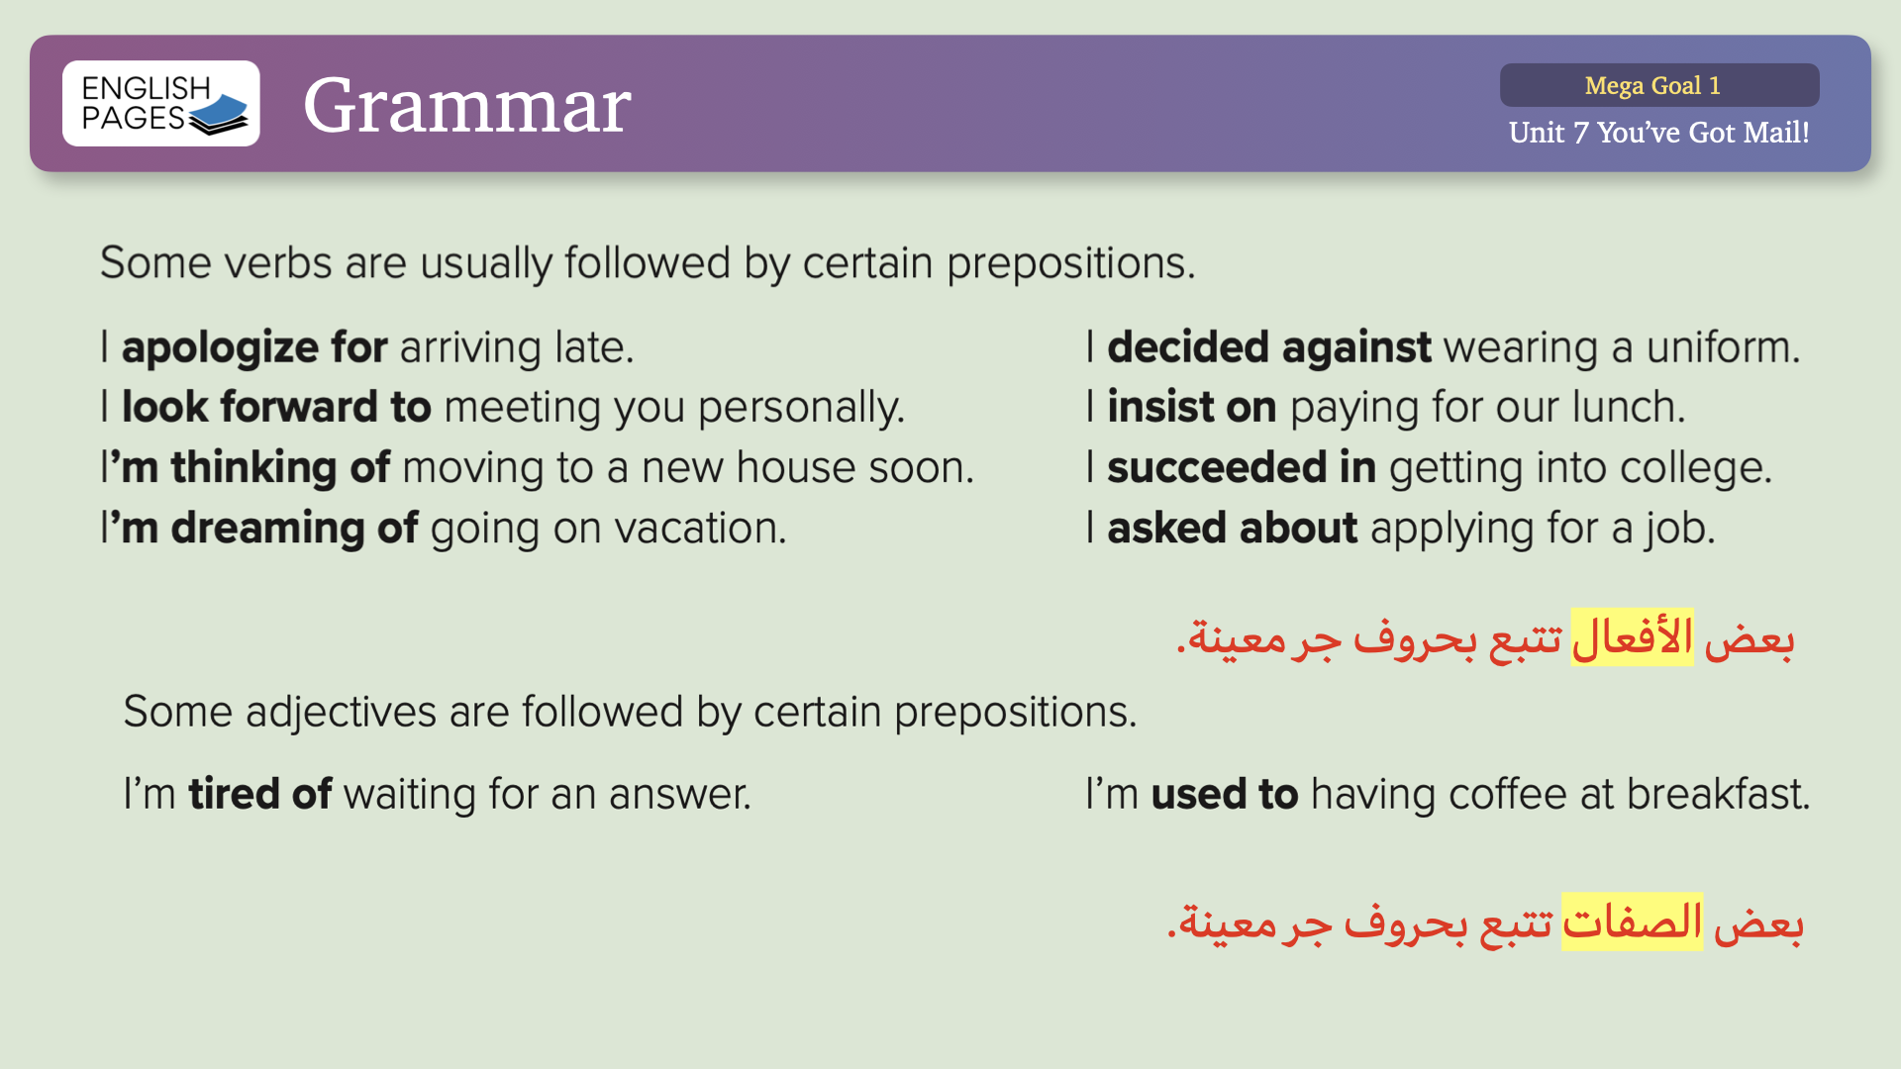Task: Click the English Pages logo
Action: tap(161, 104)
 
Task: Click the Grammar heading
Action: tap(466, 105)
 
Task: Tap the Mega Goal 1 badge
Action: tap(1659, 85)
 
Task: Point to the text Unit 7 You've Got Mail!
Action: tap(1659, 133)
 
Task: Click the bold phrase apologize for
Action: tap(254, 348)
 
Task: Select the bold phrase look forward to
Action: tap(276, 408)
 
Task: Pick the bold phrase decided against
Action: tap(1269, 348)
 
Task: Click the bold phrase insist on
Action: tap(1192, 408)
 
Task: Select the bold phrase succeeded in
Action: tap(1242, 468)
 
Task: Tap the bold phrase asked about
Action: tap(1233, 529)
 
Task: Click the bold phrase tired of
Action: tap(260, 794)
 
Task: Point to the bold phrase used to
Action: tap(1225, 794)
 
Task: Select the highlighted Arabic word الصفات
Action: tap(1633, 923)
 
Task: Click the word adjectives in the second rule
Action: tap(341, 713)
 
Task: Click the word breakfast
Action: tap(1718, 794)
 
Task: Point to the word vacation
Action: tap(701, 529)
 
